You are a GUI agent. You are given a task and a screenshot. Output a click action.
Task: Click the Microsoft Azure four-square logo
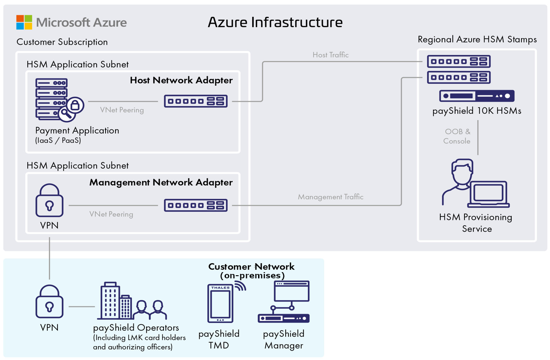point(24,22)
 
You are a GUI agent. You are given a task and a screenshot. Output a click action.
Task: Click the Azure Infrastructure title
point(275,22)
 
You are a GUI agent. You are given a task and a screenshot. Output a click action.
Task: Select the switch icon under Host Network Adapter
point(196,101)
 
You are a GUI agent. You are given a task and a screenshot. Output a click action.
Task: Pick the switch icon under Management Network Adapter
point(196,205)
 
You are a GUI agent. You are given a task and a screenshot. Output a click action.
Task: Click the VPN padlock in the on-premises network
point(49,302)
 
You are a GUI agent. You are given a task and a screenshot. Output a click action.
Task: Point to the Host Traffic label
point(330,55)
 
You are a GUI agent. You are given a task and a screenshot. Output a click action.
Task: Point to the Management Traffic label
point(330,197)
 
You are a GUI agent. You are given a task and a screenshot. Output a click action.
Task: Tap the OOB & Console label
point(457,137)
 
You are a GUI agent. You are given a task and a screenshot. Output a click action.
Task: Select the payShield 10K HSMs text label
point(476,111)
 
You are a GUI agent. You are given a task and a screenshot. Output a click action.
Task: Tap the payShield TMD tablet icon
point(221,303)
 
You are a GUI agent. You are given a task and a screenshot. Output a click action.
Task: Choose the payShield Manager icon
point(284,302)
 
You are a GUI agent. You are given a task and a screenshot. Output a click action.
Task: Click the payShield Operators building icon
point(114,301)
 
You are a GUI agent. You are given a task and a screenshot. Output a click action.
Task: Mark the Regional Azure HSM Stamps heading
point(477,39)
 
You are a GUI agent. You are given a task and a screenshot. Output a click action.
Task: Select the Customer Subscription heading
point(62,42)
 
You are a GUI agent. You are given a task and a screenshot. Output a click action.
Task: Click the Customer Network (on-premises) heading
point(252,271)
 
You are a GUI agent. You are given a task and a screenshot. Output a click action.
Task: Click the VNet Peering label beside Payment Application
point(122,110)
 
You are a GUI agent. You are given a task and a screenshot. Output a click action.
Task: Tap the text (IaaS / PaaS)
point(58,140)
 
